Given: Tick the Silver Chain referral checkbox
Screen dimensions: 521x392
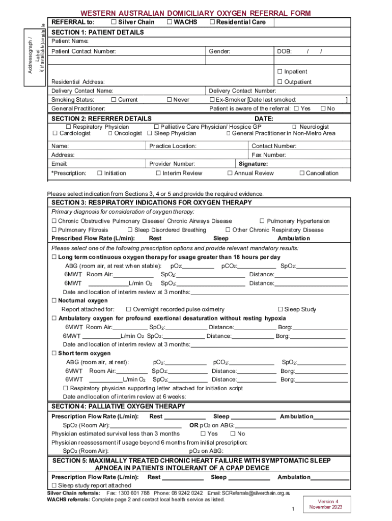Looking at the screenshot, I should click(x=113, y=22).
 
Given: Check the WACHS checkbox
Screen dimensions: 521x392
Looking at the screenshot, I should click(x=169, y=22).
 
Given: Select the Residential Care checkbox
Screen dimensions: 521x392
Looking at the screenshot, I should click(x=212, y=22).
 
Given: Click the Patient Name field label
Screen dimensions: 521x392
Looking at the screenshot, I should click(x=70, y=41).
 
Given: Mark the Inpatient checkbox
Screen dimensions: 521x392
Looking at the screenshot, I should click(x=279, y=72).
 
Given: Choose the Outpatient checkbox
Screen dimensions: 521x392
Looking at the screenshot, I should click(x=279, y=82).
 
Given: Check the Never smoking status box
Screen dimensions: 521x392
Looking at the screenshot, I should click(x=169, y=100).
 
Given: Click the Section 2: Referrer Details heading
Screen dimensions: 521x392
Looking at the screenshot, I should click(x=97, y=119).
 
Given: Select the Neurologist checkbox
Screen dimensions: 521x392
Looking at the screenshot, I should click(x=294, y=127).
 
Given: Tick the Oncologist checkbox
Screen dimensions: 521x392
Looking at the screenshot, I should click(x=110, y=133).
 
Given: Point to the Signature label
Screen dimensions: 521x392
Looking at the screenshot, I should click(x=254, y=164).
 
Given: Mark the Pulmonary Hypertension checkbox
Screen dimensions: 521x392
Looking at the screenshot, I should click(x=262, y=221).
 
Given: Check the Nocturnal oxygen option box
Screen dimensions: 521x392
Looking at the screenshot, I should click(x=54, y=301).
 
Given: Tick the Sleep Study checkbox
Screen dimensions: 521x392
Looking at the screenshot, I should click(x=279, y=309).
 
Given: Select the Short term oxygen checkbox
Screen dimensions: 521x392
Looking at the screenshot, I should click(x=54, y=354).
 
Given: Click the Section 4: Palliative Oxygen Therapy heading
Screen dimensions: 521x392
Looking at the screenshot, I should click(x=119, y=407).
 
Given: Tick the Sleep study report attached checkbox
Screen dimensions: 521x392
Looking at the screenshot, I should click(x=54, y=486).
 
